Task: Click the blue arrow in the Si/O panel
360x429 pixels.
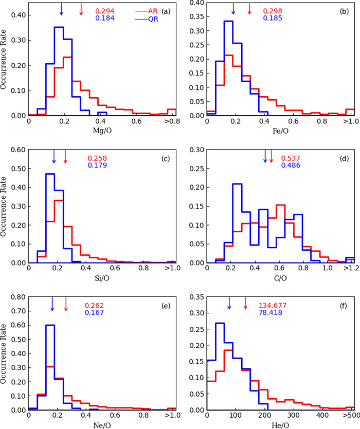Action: (54, 156)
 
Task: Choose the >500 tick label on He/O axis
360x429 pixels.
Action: (348, 415)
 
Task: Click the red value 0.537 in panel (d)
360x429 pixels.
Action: (291, 158)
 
